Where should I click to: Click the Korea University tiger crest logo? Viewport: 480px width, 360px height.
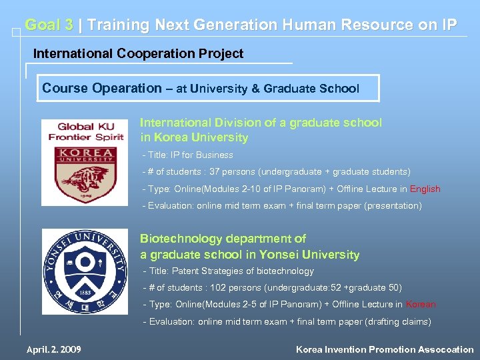[x=85, y=175]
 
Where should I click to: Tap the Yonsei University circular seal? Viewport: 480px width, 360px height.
[x=85, y=271]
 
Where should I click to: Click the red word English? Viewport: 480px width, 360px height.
[x=425, y=189]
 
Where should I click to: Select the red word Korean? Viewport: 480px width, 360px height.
[x=421, y=304]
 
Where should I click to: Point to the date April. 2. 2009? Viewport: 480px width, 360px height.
[x=54, y=349]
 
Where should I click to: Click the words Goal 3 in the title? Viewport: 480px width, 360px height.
[x=49, y=25]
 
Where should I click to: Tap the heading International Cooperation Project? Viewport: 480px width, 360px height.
[x=139, y=53]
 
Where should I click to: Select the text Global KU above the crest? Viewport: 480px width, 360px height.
[x=85, y=127]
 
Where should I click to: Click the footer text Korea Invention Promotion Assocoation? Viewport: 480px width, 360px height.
[x=385, y=349]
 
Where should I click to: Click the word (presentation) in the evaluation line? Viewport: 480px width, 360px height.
[x=392, y=206]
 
